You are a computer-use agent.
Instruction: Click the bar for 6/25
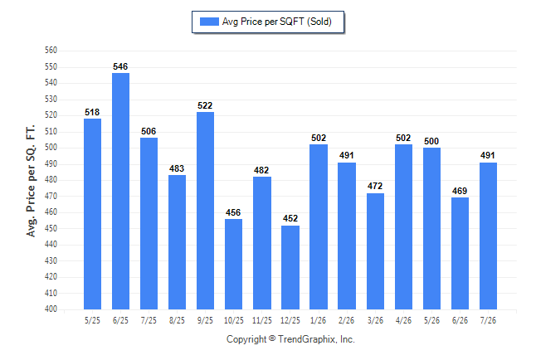click(x=120, y=191)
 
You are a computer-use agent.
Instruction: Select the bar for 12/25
click(x=290, y=267)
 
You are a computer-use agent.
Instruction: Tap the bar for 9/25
click(x=205, y=211)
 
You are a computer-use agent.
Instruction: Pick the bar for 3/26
click(x=375, y=251)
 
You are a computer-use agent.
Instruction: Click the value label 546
click(x=120, y=66)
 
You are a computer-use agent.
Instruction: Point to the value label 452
click(x=290, y=218)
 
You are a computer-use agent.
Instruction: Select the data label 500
click(x=431, y=141)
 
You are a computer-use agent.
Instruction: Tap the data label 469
click(x=460, y=191)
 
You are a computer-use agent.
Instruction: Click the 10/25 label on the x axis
click(x=234, y=320)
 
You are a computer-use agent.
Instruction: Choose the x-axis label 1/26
click(x=319, y=320)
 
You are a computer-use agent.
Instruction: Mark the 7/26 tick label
click(x=488, y=320)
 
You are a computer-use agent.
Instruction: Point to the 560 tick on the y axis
click(x=51, y=51)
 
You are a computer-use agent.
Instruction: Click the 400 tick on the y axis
click(x=51, y=309)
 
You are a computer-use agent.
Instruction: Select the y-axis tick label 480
click(x=51, y=179)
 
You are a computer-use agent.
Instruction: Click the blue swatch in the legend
click(x=209, y=22)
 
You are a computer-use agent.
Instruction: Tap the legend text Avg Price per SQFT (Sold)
click(x=277, y=22)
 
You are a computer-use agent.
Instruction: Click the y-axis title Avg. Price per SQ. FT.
click(x=31, y=181)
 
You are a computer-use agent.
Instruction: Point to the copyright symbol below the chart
click(x=272, y=338)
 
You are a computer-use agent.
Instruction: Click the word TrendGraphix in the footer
click(x=307, y=339)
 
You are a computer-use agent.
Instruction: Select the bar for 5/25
click(x=92, y=214)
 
